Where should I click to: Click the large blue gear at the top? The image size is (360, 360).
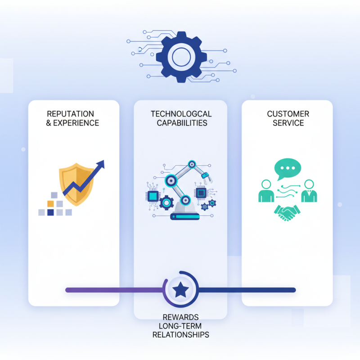(x=181, y=57)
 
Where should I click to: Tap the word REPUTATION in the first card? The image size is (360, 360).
(x=71, y=114)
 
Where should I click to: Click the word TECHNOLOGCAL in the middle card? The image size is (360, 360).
(x=181, y=114)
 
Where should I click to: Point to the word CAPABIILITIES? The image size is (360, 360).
(x=181, y=123)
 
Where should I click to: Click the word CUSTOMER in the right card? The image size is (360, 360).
(x=288, y=114)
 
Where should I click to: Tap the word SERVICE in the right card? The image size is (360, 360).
(x=288, y=123)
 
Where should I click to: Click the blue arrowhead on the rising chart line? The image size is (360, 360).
(x=100, y=165)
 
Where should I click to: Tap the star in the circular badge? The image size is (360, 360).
(x=180, y=290)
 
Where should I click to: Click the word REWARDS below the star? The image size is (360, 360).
(x=180, y=317)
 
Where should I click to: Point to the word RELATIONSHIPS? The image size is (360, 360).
(x=180, y=335)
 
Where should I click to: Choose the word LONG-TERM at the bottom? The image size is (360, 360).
(x=180, y=326)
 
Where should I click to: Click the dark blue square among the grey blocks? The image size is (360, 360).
(x=50, y=212)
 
